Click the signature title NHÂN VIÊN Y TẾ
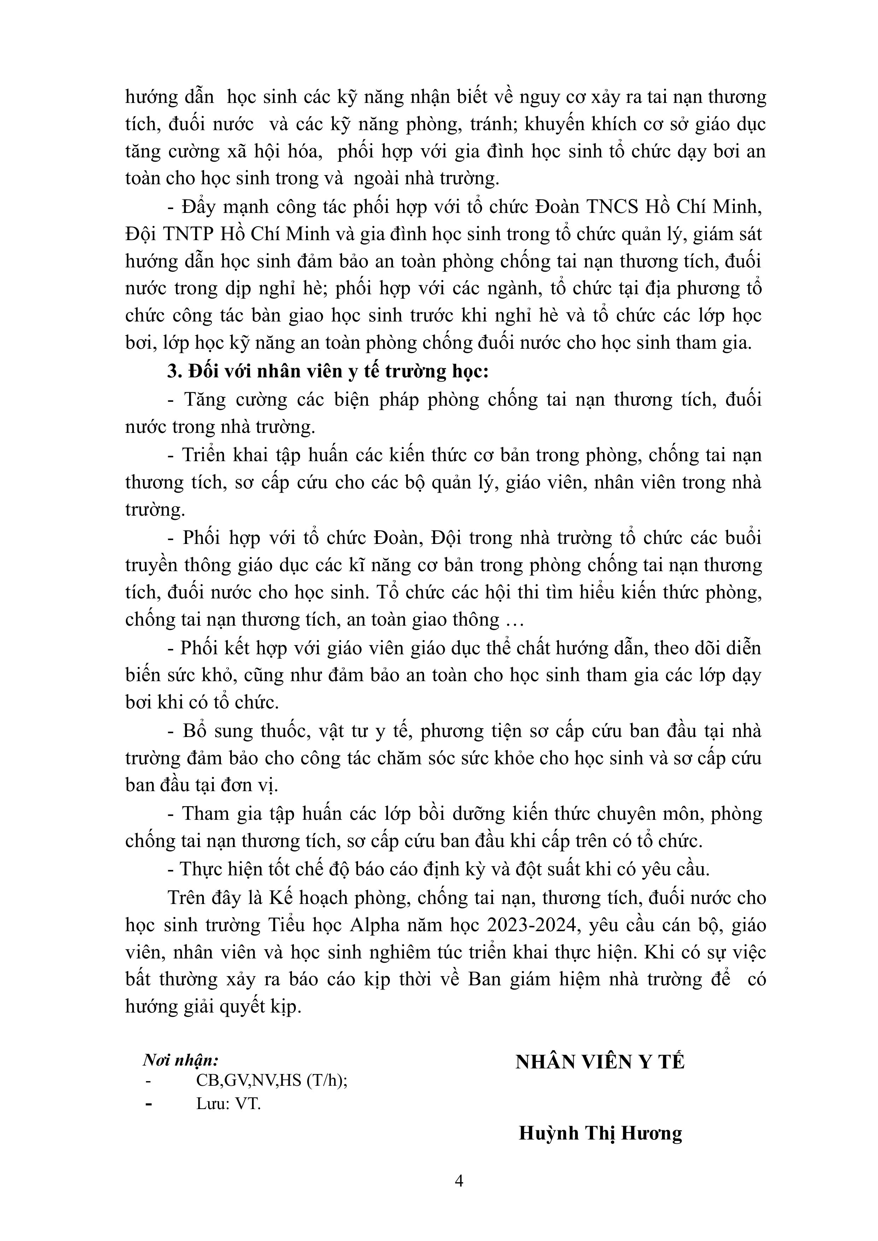pyautogui.click(x=599, y=1062)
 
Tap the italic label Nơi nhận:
pyautogui.click(x=181, y=1060)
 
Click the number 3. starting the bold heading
pyautogui.click(x=174, y=372)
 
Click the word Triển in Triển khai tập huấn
pyautogui.click(x=203, y=455)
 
